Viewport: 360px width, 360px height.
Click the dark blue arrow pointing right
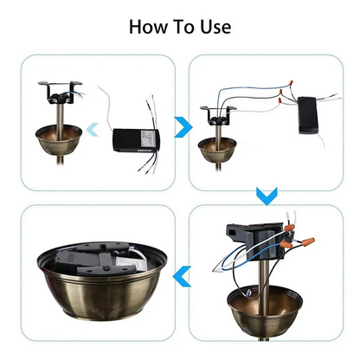(181, 127)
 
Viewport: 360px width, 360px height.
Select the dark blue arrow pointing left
(182, 276)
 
